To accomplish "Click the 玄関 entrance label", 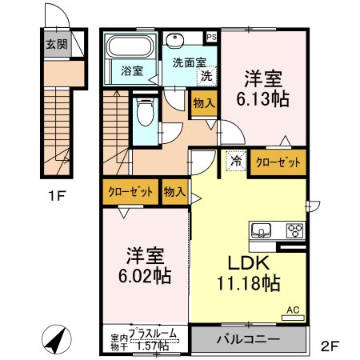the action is point(57,44).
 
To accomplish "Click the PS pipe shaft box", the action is point(212,38).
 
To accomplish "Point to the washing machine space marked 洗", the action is point(206,76).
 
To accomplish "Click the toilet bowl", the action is point(145,112).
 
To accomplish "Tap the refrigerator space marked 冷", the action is point(236,161).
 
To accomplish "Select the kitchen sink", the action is point(262,230).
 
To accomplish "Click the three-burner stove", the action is point(295,230).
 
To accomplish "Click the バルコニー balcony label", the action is point(248,339).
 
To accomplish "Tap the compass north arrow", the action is point(56,340).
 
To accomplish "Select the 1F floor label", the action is point(57,197).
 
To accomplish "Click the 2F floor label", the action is point(330,346).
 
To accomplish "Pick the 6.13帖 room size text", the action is point(263,99).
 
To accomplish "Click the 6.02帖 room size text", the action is point(145,276).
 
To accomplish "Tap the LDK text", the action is point(248,263).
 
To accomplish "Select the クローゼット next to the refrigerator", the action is point(278,162).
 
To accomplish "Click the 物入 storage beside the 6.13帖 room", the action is point(204,103).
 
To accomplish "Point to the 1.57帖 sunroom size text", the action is point(153,346).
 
